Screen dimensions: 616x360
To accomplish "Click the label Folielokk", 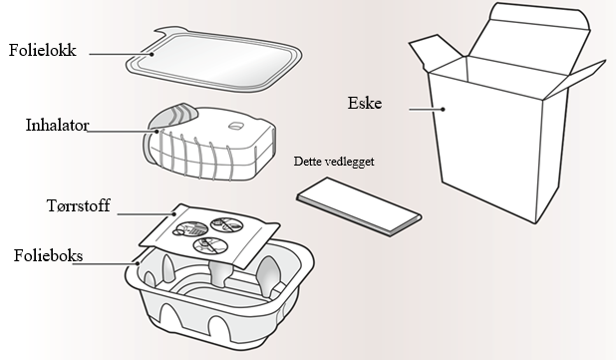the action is (43, 50).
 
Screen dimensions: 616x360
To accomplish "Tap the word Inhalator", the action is (58, 126).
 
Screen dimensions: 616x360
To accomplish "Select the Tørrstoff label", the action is (78, 205).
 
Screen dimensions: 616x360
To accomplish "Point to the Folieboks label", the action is (48, 256).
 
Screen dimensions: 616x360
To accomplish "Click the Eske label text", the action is (365, 103).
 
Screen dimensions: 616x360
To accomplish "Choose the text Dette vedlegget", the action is (334, 162).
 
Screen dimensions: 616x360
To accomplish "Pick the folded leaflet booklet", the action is (359, 207).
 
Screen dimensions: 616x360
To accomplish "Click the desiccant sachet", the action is (210, 235).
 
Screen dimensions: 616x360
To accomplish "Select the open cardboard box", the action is (506, 114).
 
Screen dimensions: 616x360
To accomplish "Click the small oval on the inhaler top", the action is (235, 126).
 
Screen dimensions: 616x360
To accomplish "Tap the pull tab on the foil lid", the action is (168, 33).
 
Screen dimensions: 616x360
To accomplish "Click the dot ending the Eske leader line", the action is (443, 110).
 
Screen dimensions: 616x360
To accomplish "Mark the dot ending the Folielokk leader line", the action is (152, 54).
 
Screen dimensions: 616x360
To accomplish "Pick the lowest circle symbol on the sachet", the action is (210, 246).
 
